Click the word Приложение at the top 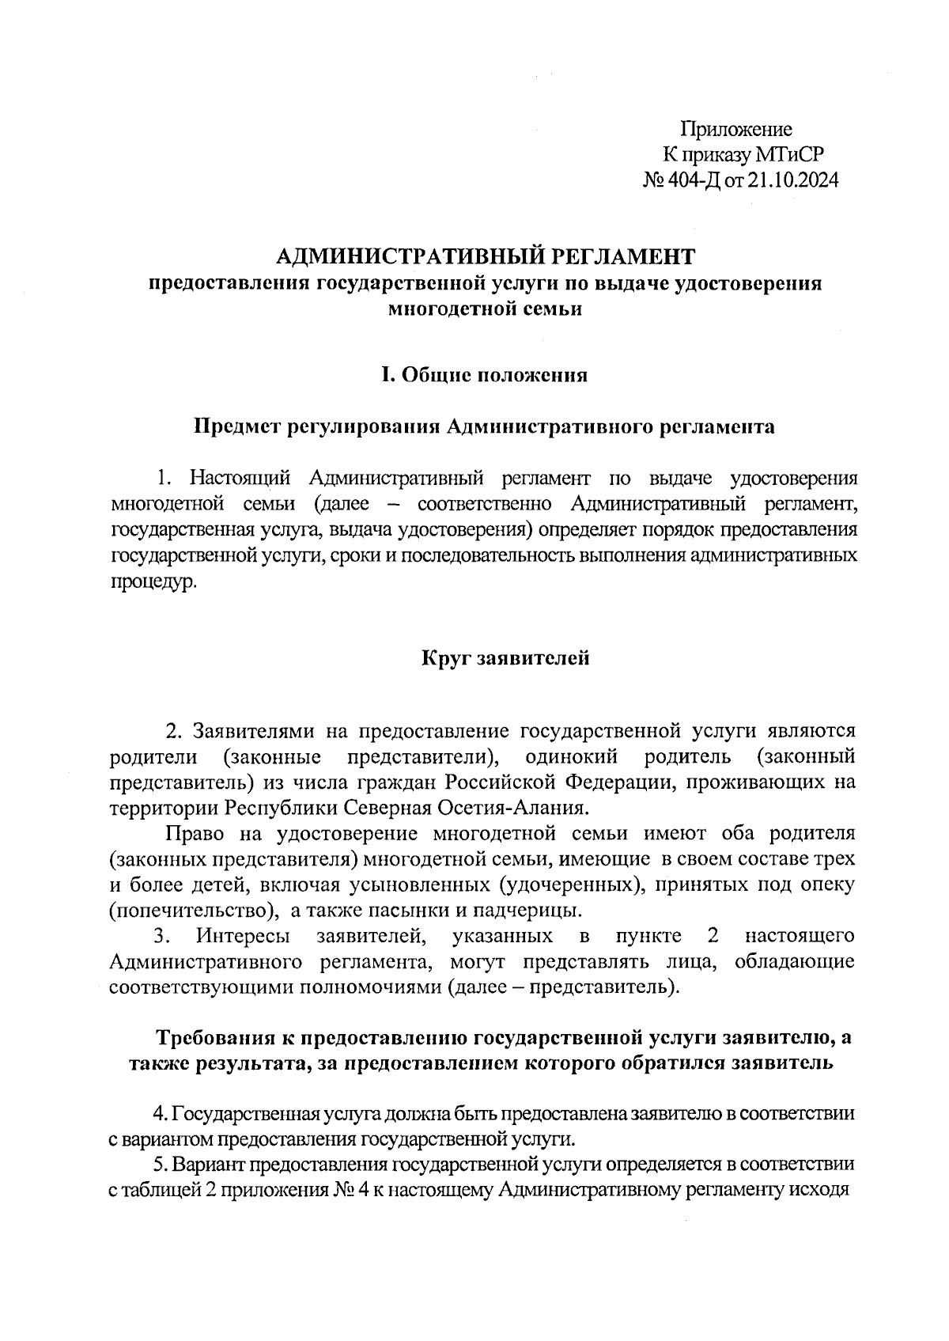pyautogui.click(x=736, y=130)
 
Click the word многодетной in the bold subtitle pyautogui.click(x=444, y=309)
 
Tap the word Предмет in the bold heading pyautogui.click(x=237, y=428)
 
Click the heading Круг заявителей pyautogui.click(x=505, y=657)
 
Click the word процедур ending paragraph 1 pyautogui.click(x=150, y=582)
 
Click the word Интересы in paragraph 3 pyautogui.click(x=243, y=936)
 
